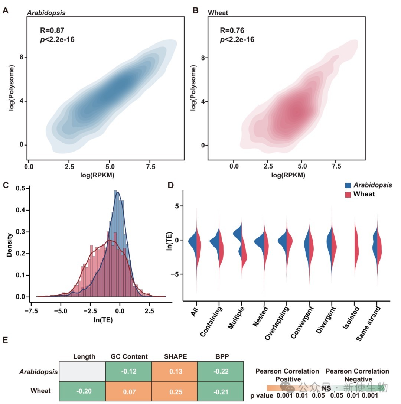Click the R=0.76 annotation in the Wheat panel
pos(232,30)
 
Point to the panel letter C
pos(5,185)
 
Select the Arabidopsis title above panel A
pos(46,13)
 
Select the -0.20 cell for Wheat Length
pos(82,391)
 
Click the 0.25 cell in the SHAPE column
pos(175,391)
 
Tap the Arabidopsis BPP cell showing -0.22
pos(221,371)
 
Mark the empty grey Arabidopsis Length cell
pos(82,371)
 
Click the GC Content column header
pos(129,356)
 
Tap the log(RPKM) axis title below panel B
pos(286,175)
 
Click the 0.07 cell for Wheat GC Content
pos(129,391)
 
